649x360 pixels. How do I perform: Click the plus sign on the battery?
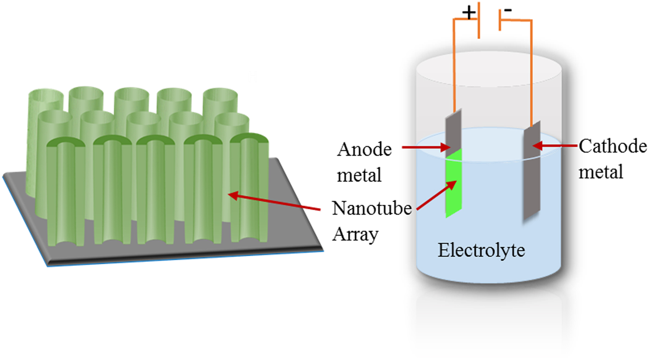click(x=469, y=13)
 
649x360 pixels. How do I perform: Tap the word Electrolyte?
click(x=481, y=251)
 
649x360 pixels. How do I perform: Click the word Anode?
click(x=363, y=150)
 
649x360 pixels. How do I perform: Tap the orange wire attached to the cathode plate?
click(x=530, y=69)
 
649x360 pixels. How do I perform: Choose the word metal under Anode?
click(x=359, y=176)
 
